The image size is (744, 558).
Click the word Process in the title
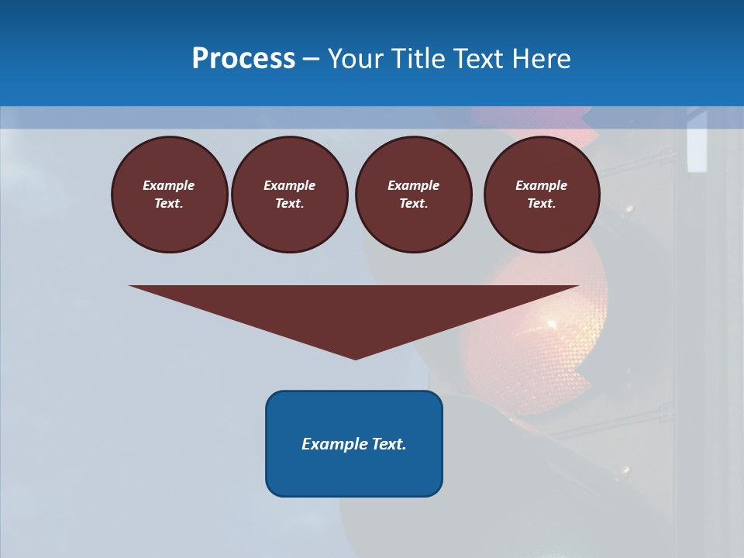tap(243, 59)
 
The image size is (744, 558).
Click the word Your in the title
tap(355, 59)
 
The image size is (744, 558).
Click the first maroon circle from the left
tap(169, 195)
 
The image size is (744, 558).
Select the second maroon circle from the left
tap(289, 195)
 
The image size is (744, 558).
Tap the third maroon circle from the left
tap(413, 195)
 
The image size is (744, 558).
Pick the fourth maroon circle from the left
tap(541, 195)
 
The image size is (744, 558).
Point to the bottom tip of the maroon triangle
tap(355, 358)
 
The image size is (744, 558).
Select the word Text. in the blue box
tap(388, 444)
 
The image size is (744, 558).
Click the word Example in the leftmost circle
tap(169, 185)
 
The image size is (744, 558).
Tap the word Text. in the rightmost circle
tap(541, 204)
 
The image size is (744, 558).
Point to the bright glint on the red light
tap(552, 323)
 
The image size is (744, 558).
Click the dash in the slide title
tap(312, 59)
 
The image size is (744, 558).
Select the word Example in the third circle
tap(413, 185)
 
